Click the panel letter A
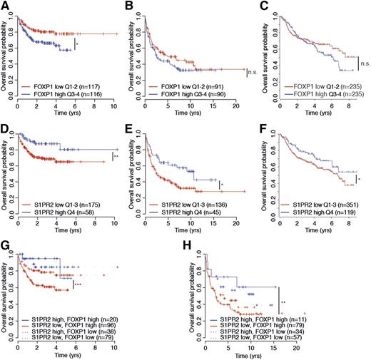pos(5,6)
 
